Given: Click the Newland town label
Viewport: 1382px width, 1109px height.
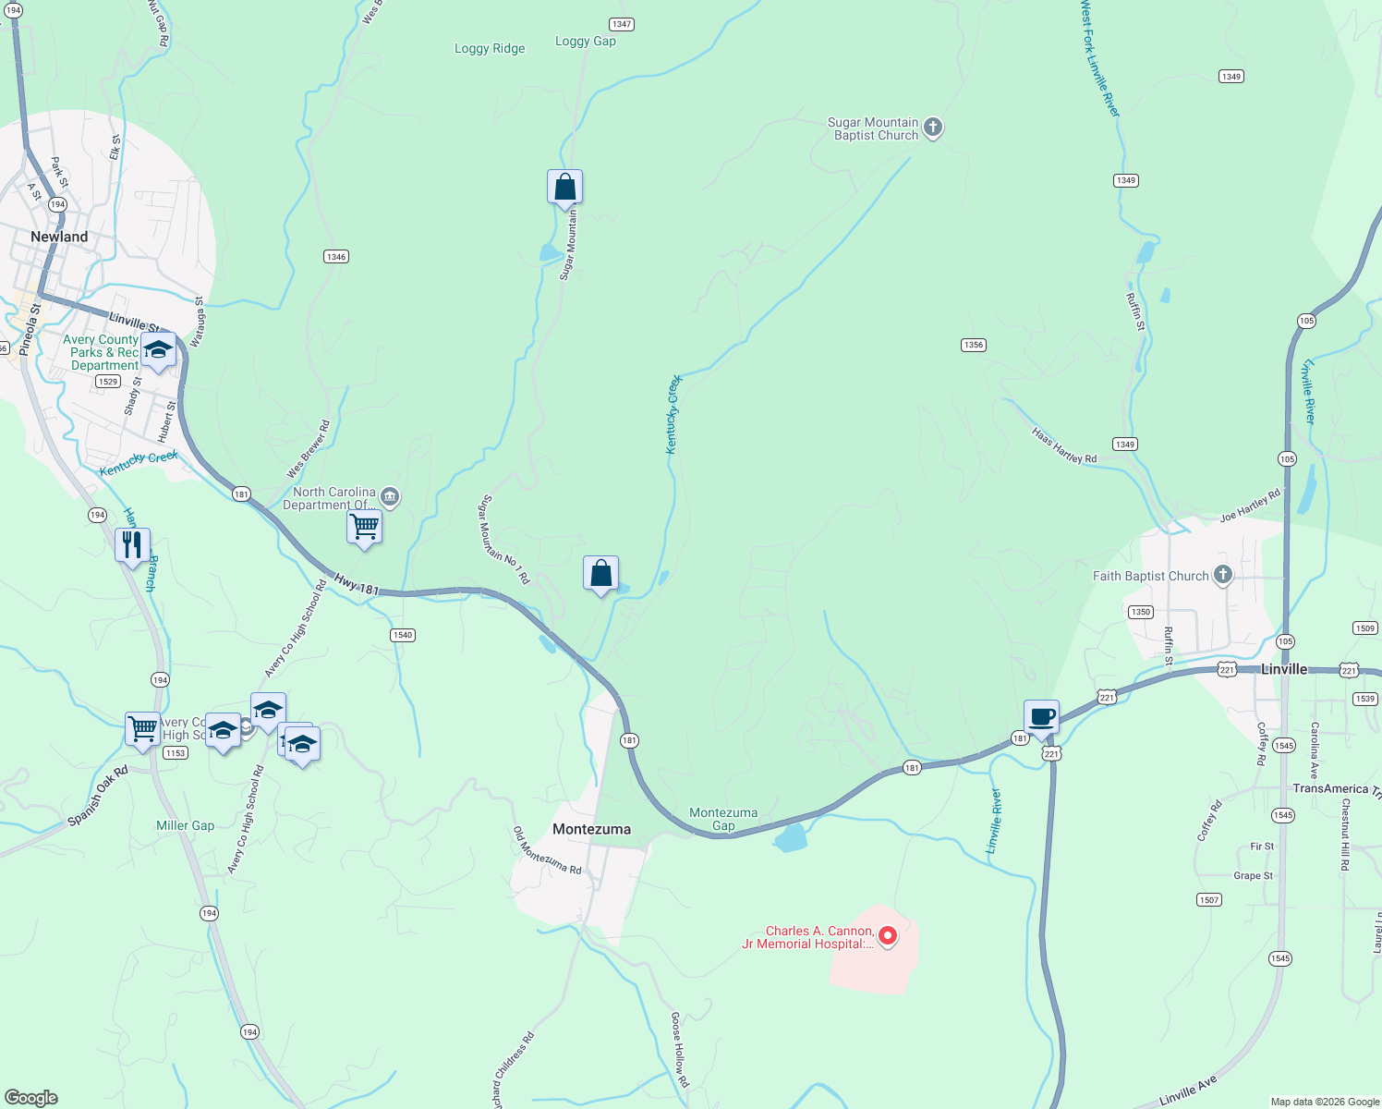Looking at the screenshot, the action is (59, 237).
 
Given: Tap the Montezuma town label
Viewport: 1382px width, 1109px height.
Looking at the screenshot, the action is (591, 829).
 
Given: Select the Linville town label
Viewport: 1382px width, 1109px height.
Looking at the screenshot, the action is (1284, 669).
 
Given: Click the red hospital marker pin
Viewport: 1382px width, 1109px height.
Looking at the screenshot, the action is (888, 936).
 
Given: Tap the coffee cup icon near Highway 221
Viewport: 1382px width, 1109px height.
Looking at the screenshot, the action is (1041, 717).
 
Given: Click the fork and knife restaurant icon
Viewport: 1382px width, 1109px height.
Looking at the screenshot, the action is (132, 544).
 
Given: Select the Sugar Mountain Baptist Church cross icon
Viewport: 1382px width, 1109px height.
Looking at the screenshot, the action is (933, 128).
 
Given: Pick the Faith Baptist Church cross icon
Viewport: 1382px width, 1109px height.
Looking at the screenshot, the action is (1223, 575).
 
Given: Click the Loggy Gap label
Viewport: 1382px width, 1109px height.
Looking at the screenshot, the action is (585, 41).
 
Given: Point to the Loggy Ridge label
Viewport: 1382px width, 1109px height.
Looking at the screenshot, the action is (490, 48).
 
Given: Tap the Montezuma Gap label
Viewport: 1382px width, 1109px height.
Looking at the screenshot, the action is (723, 819).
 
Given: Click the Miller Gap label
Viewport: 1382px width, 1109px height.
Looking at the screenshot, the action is (185, 825).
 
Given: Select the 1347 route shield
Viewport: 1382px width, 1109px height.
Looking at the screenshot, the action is (621, 24).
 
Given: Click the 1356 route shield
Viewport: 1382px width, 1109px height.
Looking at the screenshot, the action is (973, 345).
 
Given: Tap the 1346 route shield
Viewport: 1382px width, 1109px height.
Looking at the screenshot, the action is (336, 256).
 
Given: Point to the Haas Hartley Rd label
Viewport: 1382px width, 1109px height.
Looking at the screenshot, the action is (1064, 445).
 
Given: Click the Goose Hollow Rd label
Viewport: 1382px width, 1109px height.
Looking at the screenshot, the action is (680, 1049).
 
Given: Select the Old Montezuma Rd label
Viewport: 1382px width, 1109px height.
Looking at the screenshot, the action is (548, 851).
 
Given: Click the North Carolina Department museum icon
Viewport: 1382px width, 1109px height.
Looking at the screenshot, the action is (390, 497).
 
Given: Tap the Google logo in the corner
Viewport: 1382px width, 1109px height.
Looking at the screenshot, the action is (30, 1098).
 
